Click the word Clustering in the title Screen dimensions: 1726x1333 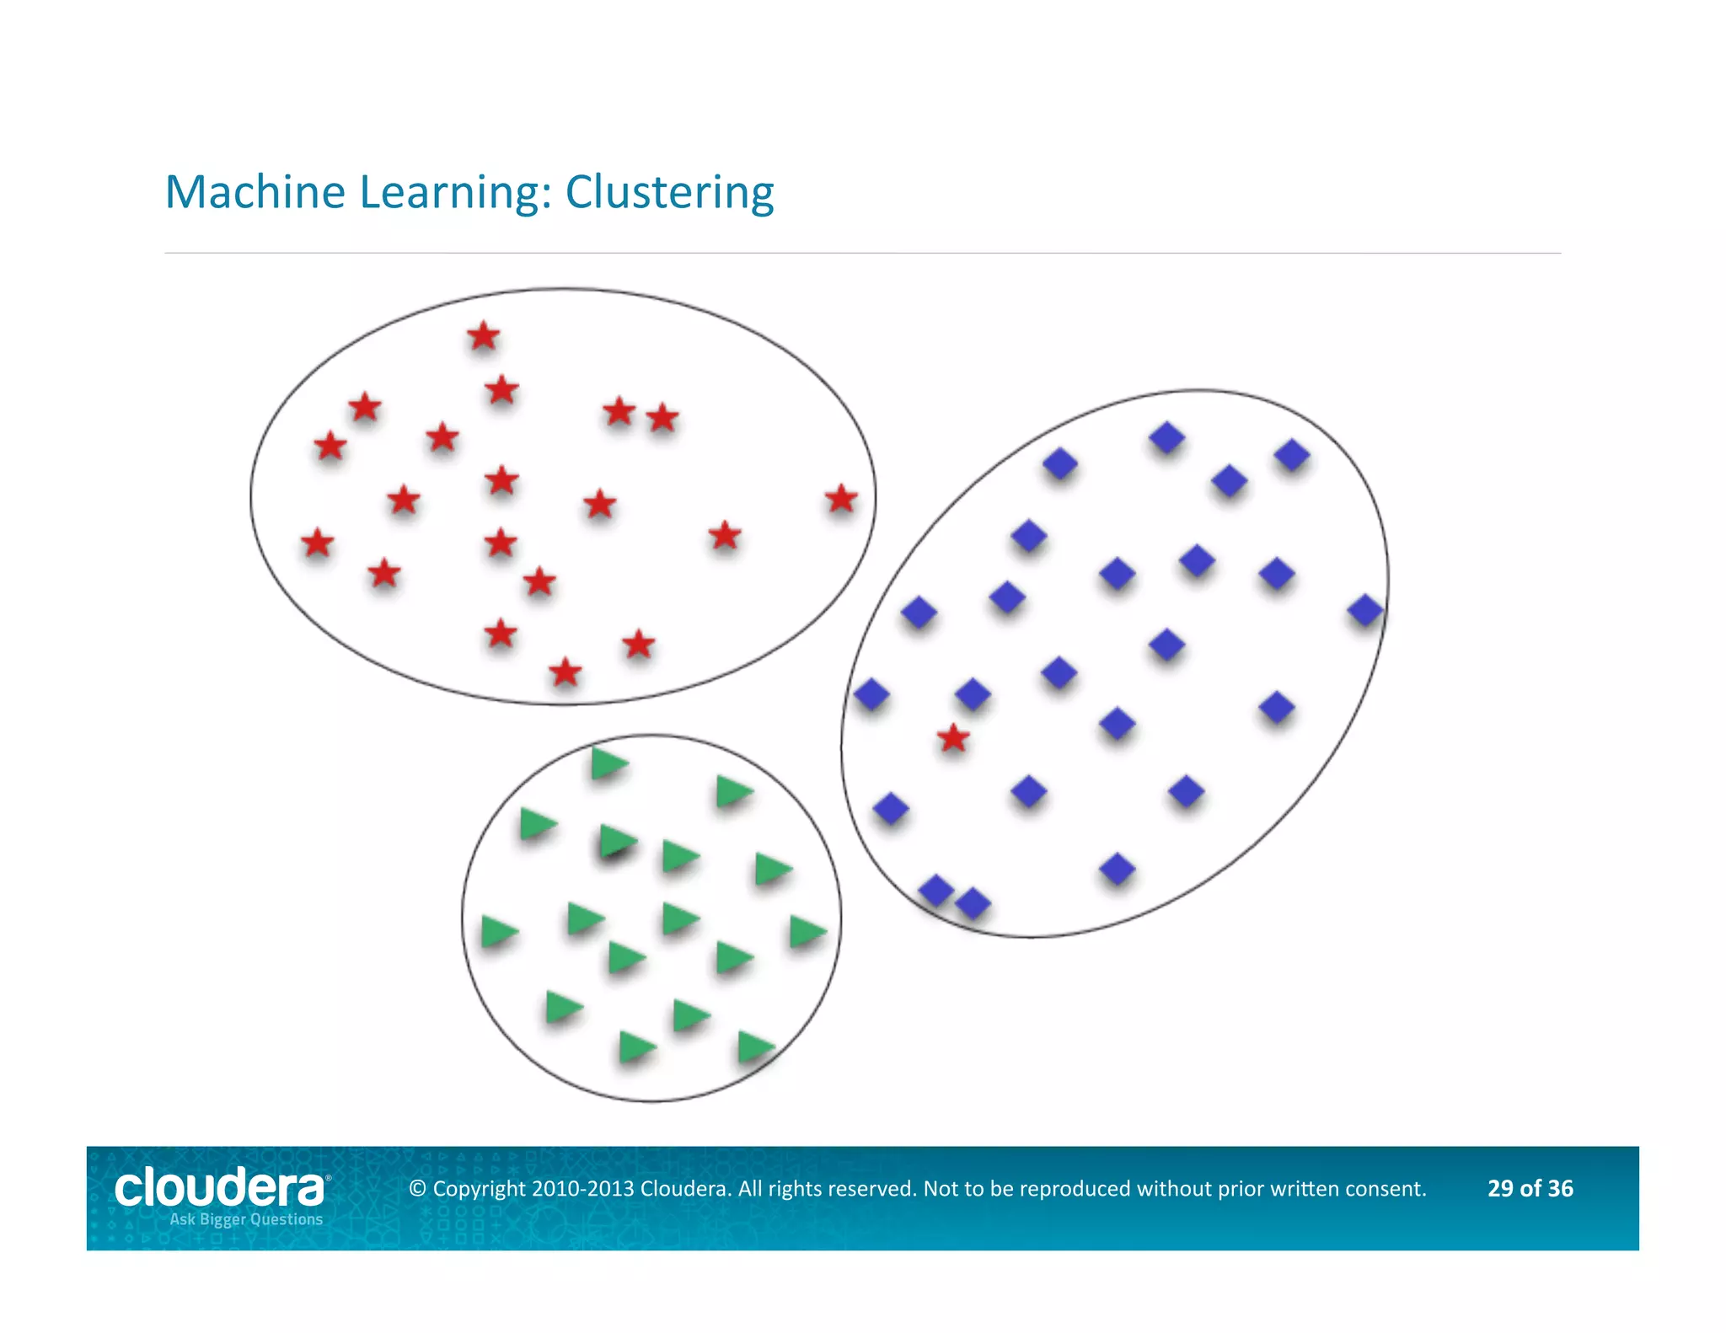click(x=669, y=194)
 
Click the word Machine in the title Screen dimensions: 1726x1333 click(x=255, y=192)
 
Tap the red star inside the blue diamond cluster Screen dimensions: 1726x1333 click(x=953, y=738)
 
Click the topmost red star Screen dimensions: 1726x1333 click(x=484, y=336)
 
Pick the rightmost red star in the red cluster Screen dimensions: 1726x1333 click(x=841, y=499)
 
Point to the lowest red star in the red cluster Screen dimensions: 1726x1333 click(x=566, y=672)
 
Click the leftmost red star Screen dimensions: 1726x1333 click(x=317, y=543)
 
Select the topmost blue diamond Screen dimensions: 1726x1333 click(x=1167, y=437)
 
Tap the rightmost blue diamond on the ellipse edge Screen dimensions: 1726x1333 click(x=1364, y=610)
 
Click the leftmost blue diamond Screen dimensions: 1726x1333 click(x=871, y=694)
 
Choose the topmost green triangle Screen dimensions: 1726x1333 click(x=608, y=763)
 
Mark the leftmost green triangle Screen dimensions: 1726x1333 click(x=498, y=932)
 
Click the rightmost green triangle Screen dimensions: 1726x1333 click(x=807, y=932)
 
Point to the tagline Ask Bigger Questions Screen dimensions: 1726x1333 click(x=246, y=1219)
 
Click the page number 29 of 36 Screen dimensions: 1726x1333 click(x=1530, y=1188)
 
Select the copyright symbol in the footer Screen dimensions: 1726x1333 click(x=417, y=1189)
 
